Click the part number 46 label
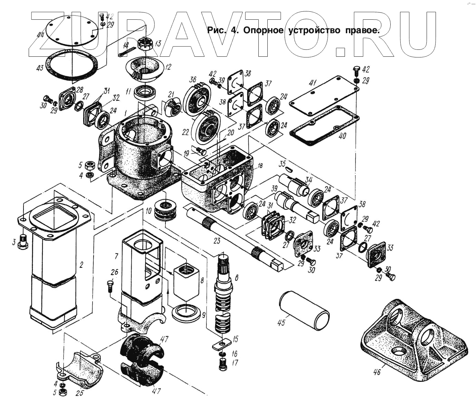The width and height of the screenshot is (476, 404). [x=377, y=372]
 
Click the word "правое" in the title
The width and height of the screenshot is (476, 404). [x=362, y=30]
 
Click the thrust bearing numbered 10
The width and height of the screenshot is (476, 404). [x=166, y=210]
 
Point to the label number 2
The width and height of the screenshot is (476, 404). [x=81, y=265]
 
